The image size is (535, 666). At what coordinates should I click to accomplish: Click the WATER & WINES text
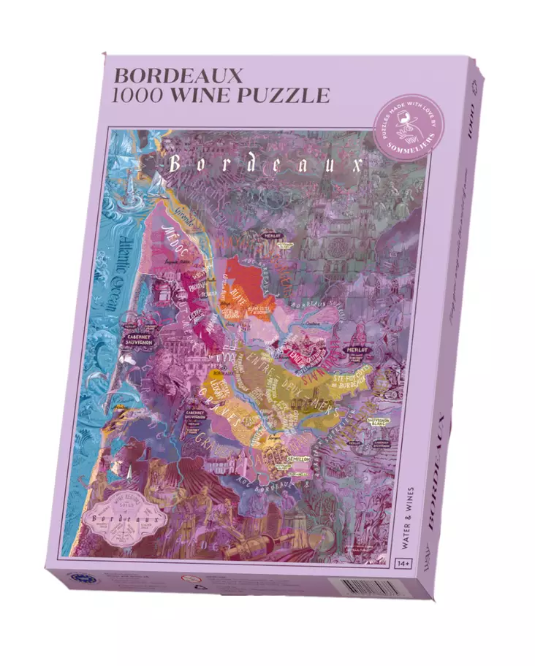[403, 516]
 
